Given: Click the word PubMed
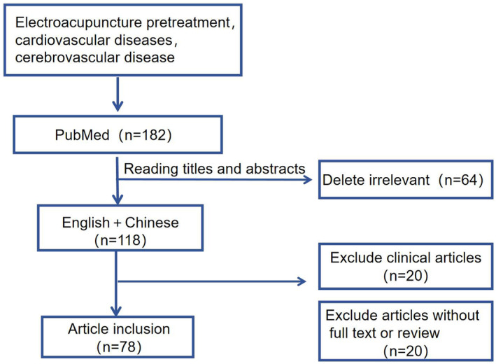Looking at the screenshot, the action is click(83, 135).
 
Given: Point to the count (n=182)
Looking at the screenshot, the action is click(146, 135).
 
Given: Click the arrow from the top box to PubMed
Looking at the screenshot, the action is click(118, 94).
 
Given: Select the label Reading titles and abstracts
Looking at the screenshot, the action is click(215, 169).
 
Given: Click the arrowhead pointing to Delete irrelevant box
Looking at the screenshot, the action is click(308, 180).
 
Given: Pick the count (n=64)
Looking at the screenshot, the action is click(461, 180).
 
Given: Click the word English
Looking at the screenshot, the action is click(86, 223).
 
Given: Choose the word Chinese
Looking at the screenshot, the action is click(152, 223).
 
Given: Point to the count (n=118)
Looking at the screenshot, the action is click(120, 240).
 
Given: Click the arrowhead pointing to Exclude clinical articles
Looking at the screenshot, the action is click(302, 281).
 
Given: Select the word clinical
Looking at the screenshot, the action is click(405, 258).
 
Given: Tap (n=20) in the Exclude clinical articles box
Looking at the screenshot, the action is click(406, 276).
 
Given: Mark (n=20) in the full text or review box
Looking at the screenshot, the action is click(406, 351).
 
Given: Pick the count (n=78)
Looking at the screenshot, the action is click(119, 347).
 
